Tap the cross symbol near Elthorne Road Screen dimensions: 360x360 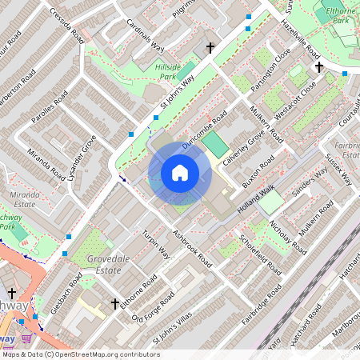coord(115,304)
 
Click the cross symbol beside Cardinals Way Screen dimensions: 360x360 coord(210,49)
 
